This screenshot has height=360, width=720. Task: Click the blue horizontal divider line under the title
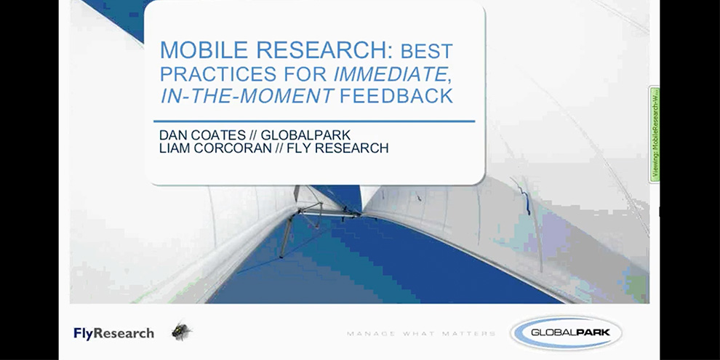(x=313, y=121)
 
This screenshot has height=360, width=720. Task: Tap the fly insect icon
(x=181, y=332)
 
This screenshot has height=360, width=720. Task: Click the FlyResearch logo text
(x=114, y=333)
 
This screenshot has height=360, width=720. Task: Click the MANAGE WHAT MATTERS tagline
(x=421, y=334)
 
